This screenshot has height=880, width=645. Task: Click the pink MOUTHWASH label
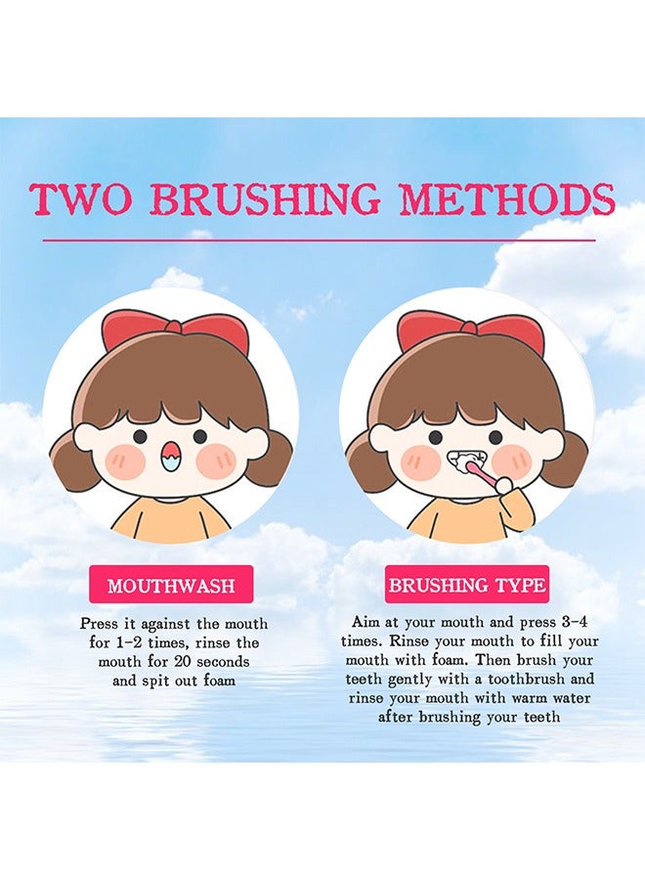click(171, 586)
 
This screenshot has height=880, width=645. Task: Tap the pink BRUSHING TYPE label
click(466, 586)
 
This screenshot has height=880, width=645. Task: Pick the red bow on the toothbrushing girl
click(470, 330)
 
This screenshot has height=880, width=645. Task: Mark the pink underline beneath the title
click(319, 240)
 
